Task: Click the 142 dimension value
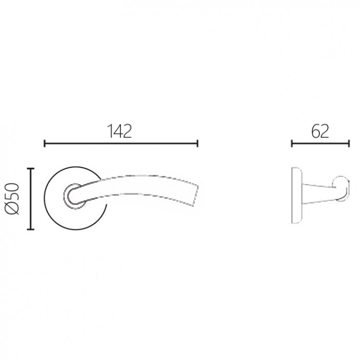point(120,131)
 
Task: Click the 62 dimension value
point(320,131)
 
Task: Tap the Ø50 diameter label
point(12,199)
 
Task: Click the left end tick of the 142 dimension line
point(45,143)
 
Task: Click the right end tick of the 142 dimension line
point(197,143)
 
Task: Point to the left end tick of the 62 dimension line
point(292,143)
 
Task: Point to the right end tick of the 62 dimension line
point(349,143)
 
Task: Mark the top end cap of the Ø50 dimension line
point(30,169)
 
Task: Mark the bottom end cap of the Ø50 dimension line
point(30,229)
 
